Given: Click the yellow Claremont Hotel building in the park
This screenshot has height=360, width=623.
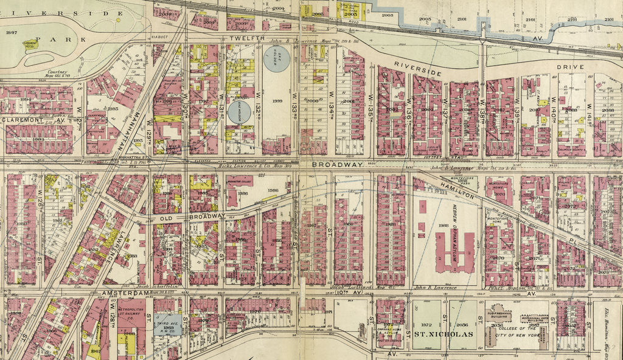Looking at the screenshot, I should (30, 46).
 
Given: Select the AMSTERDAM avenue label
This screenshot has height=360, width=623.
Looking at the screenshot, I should (125, 293).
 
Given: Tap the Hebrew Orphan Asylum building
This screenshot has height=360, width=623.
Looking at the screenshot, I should (454, 251).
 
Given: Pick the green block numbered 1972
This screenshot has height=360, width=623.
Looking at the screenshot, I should (426, 325).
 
